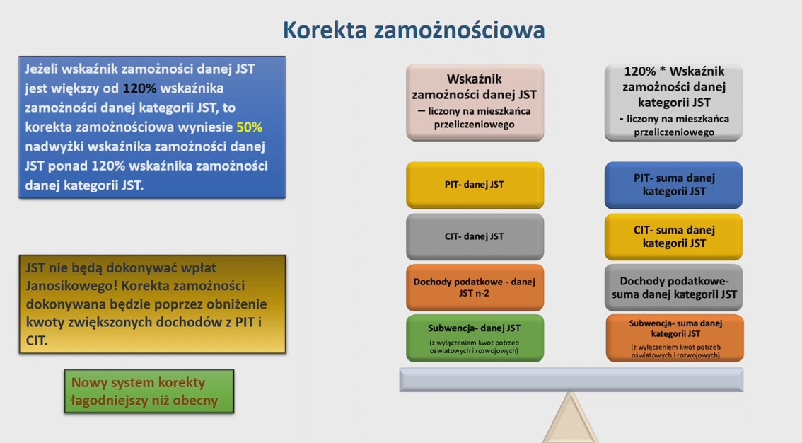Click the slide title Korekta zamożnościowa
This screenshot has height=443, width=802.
(x=414, y=30)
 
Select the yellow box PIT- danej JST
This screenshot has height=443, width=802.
(x=475, y=185)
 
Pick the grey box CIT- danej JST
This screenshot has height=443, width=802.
(x=475, y=236)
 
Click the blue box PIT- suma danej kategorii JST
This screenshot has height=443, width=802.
(x=673, y=185)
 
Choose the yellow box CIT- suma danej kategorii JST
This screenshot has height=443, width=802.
(x=673, y=236)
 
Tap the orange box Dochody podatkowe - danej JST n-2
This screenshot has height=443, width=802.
(x=475, y=287)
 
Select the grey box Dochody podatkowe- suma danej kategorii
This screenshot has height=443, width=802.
(x=673, y=287)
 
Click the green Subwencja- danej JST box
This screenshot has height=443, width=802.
(x=475, y=338)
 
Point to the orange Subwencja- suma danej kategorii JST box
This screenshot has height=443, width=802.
(x=675, y=338)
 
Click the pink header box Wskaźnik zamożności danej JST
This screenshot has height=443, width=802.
(x=475, y=102)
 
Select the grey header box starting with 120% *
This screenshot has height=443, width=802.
(x=673, y=102)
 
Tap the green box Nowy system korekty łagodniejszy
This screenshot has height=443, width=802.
(x=149, y=391)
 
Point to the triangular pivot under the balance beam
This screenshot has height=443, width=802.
(x=571, y=421)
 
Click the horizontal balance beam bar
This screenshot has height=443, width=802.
(x=571, y=379)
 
